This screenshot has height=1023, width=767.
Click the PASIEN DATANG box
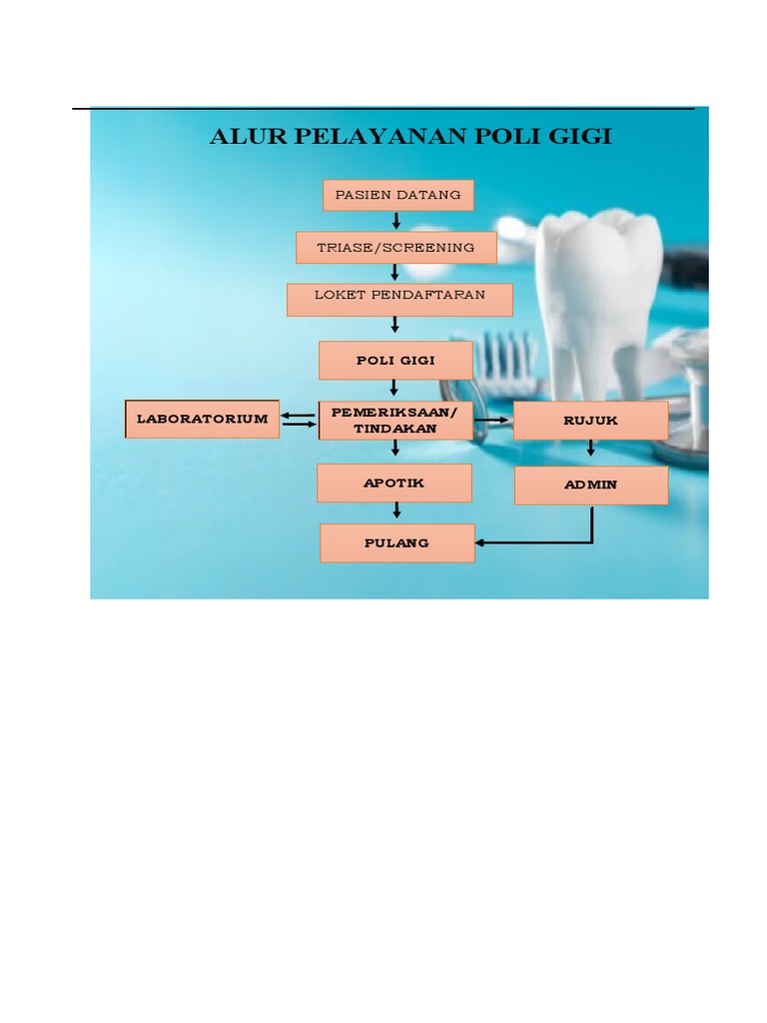coord(397,195)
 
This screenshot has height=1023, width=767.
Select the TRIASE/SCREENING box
coord(395,248)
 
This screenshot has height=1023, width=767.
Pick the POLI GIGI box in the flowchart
coord(395,361)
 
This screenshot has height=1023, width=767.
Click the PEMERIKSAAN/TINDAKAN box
coord(395,421)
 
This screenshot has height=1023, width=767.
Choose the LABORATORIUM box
coord(202,419)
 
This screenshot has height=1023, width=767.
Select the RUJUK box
coord(590,421)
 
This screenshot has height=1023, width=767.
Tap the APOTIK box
coord(393,483)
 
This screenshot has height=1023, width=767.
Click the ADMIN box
coord(590,486)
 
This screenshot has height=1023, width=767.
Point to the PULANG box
coord(396,543)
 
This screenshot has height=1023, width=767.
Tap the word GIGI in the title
coord(579,137)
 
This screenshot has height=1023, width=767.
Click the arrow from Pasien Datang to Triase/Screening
coord(396,221)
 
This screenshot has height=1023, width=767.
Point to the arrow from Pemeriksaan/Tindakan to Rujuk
coord(490,421)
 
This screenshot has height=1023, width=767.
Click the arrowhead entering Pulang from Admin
coord(481,543)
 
